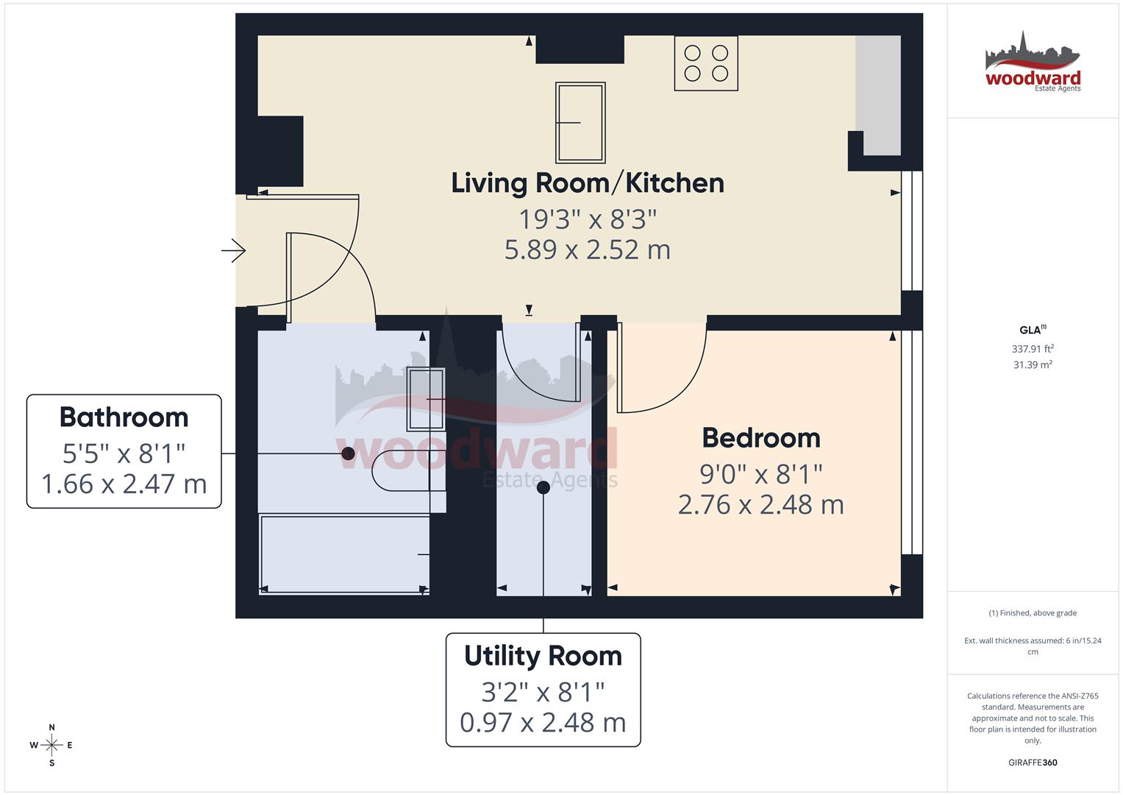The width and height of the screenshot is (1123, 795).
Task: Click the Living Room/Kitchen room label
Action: (x=588, y=183)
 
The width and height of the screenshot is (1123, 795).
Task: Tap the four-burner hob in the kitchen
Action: (x=706, y=63)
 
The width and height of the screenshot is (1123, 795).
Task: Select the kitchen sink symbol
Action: (x=581, y=122)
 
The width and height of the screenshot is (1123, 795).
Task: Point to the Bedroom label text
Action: (x=761, y=438)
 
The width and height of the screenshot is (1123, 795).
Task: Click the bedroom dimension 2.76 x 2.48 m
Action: (x=761, y=505)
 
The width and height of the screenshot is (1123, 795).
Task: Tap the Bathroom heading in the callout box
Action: (x=124, y=417)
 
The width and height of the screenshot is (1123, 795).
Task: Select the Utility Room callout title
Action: (x=543, y=656)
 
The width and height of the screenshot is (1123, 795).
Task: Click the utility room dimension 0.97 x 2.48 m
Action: (x=543, y=723)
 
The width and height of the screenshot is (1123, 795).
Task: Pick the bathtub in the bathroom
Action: (x=343, y=554)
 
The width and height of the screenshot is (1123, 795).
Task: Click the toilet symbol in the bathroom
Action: (x=401, y=470)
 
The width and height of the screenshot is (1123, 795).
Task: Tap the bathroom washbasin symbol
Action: (x=427, y=398)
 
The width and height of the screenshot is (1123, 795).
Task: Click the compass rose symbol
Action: (x=51, y=745)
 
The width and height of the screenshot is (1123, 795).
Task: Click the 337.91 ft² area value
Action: (x=1033, y=349)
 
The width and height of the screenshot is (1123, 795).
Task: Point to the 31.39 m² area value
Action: (x=1033, y=364)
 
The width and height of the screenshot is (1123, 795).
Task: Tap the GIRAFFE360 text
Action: (x=1033, y=763)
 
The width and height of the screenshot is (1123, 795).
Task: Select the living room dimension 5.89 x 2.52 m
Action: (x=588, y=250)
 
